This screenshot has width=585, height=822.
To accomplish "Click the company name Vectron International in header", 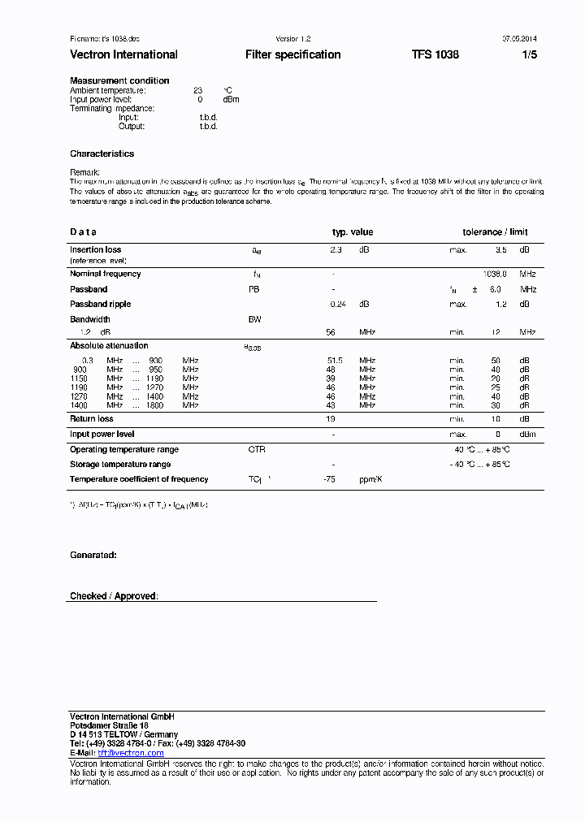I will pos(123,54).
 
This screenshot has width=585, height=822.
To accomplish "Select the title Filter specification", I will pos(292,54).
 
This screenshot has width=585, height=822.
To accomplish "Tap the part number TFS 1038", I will pos(435,54).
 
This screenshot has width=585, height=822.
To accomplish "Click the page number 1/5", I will pos(529,54).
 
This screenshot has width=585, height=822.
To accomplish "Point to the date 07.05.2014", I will pos(519,39).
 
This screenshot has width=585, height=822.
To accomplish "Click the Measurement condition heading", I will pos(119,80).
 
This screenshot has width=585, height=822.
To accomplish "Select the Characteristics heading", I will pos(102,154).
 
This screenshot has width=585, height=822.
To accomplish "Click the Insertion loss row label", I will pos(95,250).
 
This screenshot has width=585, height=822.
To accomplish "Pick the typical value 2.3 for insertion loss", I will pos(336,250).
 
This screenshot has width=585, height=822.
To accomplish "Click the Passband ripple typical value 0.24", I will pos(337,304).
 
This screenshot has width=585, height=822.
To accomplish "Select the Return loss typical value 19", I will pos(331,419).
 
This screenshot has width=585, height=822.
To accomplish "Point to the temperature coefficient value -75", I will pos(329,479).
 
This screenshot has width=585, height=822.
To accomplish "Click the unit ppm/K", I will pos(370,479).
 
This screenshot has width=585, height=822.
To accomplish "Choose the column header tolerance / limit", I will pos(495,231).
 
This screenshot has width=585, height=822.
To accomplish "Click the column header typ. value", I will pos(353,231).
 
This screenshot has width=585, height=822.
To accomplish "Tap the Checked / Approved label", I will pos(114,596).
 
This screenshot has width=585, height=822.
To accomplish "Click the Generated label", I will pos(93,555).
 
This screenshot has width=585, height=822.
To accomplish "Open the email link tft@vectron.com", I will pos(131,753).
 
